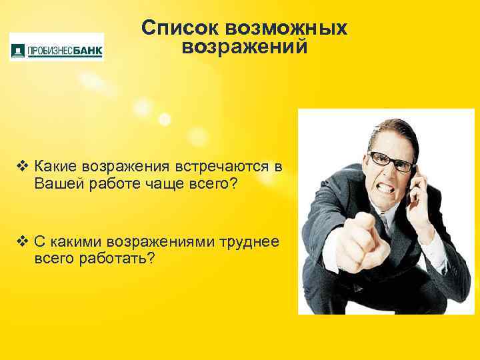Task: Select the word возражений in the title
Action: [245, 47]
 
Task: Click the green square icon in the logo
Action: [17, 49]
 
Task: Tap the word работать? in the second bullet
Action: [117, 257]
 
